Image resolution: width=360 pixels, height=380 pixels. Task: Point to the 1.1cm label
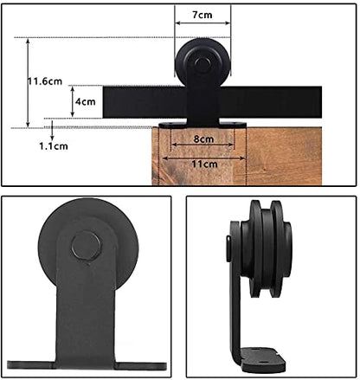[x=54, y=146]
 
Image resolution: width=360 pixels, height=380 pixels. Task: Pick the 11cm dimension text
[x=204, y=162]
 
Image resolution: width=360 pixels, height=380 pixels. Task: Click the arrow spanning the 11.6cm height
[x=29, y=83]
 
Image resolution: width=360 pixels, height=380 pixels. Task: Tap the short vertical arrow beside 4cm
[x=72, y=101]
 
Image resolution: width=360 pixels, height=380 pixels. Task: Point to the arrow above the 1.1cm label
[x=54, y=133]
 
